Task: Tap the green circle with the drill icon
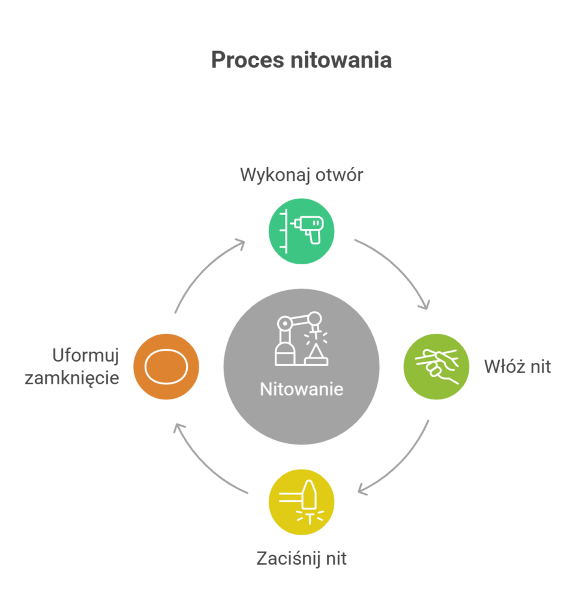[x=301, y=231]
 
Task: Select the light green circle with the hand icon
[x=436, y=366]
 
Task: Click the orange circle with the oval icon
[x=166, y=366]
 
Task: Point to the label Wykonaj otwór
[x=301, y=175]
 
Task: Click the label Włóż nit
[x=517, y=366]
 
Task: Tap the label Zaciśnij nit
[x=301, y=559]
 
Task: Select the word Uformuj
[x=86, y=356]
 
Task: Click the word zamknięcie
[x=72, y=378]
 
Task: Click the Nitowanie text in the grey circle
[x=301, y=389]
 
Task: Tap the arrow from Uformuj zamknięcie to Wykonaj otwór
[x=204, y=270]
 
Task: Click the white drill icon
[x=306, y=229]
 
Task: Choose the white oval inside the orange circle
[x=166, y=366]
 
